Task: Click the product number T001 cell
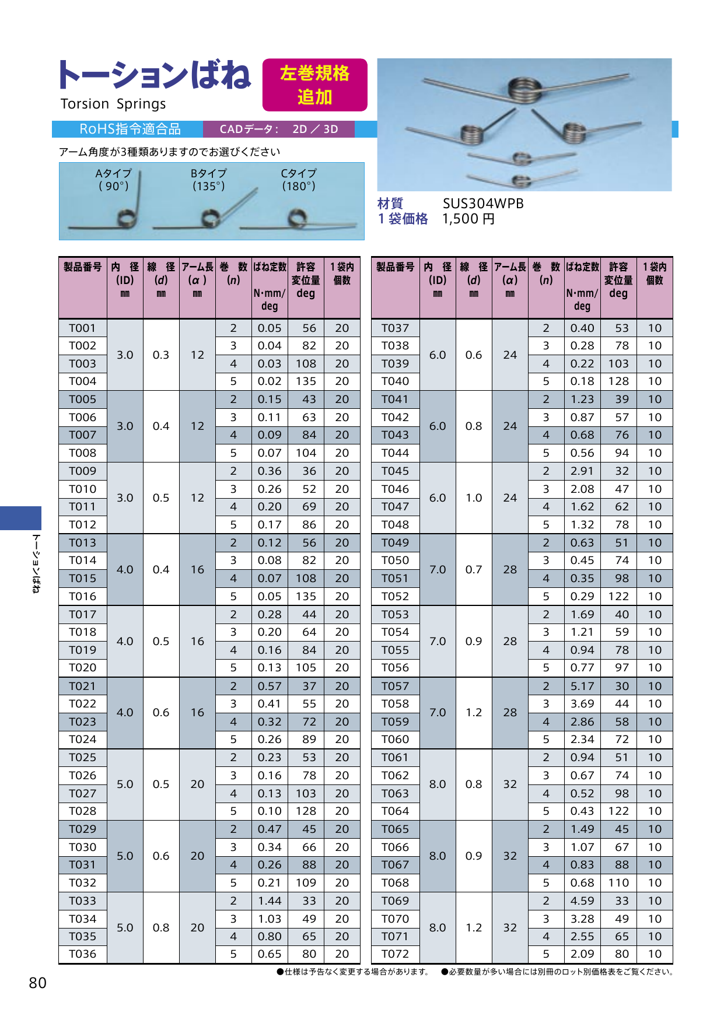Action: coord(82,328)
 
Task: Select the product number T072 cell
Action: coord(395,954)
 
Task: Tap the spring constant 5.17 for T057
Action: coord(582,686)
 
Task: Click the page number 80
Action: coord(37,983)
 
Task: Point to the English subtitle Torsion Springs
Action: coord(113,104)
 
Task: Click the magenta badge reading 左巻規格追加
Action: coord(314,85)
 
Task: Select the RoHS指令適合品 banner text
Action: coord(130,129)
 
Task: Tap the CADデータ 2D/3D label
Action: coord(278,129)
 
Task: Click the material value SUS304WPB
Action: coord(483,204)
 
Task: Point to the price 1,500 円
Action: coord(468,219)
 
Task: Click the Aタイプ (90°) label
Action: coord(113,180)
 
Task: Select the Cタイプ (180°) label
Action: coord(298,180)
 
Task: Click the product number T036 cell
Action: coord(82,954)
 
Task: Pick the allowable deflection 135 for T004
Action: coord(306,381)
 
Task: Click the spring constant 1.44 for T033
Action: coord(270,901)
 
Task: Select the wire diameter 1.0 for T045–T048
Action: coord(474,498)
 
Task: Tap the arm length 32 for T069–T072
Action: coord(510,927)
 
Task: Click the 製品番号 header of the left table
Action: coord(82,267)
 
